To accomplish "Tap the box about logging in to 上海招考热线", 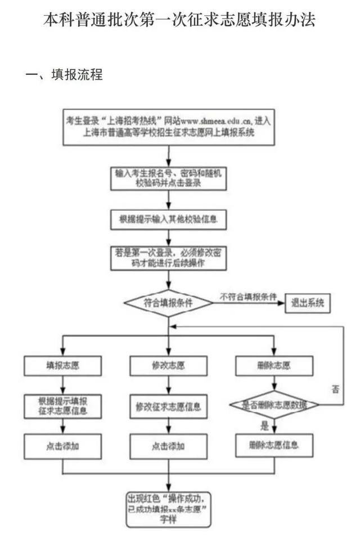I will [169, 127].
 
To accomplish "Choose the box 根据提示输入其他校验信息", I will [169, 219].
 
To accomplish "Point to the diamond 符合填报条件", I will [168, 303].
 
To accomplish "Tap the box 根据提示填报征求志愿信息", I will [62, 406].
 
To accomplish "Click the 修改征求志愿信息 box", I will [168, 406].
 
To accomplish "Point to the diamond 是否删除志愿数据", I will [274, 404].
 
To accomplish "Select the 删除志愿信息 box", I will [274, 446].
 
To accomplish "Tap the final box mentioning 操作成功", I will [168, 508].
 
